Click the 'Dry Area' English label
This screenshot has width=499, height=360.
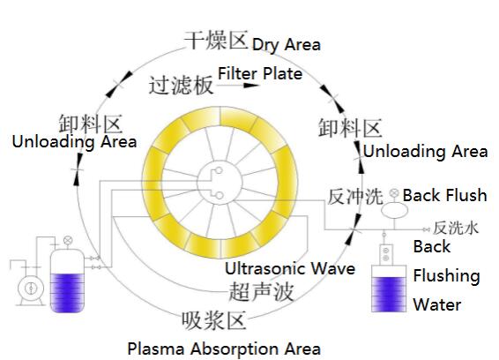click(x=287, y=45)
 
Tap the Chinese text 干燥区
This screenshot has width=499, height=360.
click(x=216, y=40)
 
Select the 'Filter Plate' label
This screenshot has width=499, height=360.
click(x=260, y=73)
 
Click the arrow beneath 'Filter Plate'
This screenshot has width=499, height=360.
click(x=238, y=85)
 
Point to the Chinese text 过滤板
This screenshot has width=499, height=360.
click(x=181, y=86)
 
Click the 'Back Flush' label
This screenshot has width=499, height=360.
click(x=444, y=195)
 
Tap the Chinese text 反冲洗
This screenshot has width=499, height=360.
click(x=354, y=197)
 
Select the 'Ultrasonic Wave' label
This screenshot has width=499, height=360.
click(x=290, y=268)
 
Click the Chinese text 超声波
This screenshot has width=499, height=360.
click(x=261, y=291)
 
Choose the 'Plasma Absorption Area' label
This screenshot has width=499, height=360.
click(x=224, y=349)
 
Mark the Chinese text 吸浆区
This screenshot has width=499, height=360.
click(x=214, y=320)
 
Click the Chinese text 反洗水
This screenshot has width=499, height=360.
click(x=456, y=229)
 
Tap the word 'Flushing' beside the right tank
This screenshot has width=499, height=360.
click(x=446, y=276)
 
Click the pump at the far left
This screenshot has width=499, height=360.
click(x=31, y=289)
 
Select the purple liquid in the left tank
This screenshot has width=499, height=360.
click(x=68, y=292)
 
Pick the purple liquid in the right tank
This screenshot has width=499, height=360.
click(x=389, y=294)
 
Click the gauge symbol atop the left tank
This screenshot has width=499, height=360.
click(x=68, y=240)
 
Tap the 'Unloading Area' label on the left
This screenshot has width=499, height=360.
click(x=74, y=141)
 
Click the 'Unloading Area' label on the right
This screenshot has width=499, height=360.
click(x=426, y=151)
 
